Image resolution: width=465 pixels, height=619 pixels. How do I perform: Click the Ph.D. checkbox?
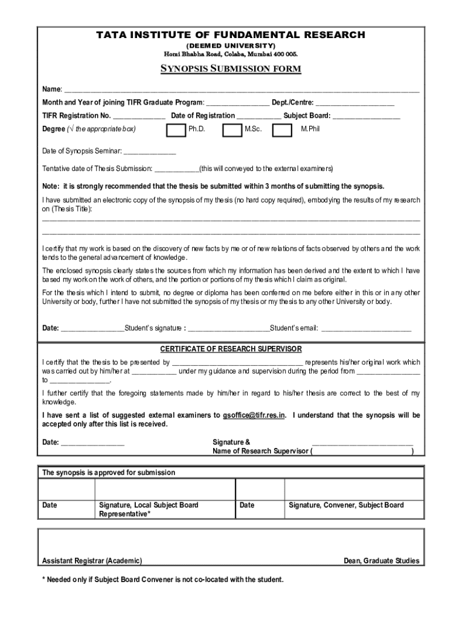(176, 130)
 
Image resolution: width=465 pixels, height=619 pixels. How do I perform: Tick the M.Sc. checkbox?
(232, 130)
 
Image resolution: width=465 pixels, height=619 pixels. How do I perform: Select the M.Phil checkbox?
(282, 130)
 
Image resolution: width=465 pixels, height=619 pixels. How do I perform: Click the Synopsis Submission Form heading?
(230, 69)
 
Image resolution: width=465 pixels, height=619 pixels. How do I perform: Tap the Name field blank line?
(242, 90)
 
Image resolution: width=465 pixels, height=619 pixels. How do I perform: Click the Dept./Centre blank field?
(354, 103)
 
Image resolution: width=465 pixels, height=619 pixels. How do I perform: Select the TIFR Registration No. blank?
(139, 117)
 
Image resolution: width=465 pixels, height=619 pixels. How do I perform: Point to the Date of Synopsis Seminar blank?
(150, 152)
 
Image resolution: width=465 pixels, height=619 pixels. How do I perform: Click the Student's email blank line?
(366, 329)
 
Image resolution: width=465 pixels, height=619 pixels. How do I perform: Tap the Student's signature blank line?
(228, 329)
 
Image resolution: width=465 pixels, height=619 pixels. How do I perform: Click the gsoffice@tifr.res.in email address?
(254, 415)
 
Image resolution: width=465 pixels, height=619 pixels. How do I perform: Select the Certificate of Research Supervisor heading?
(231, 349)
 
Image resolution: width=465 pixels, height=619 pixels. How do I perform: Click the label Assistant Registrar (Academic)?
(92, 561)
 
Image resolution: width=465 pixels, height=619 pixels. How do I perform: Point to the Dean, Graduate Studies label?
(381, 561)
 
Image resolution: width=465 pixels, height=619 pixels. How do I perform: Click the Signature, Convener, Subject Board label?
(346, 505)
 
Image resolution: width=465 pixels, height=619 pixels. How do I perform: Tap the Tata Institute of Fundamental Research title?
(231, 35)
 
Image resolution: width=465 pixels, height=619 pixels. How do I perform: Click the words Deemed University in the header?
(231, 46)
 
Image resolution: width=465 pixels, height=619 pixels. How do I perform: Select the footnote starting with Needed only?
(162, 580)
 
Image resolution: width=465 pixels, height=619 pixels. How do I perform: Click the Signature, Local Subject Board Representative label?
(149, 510)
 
